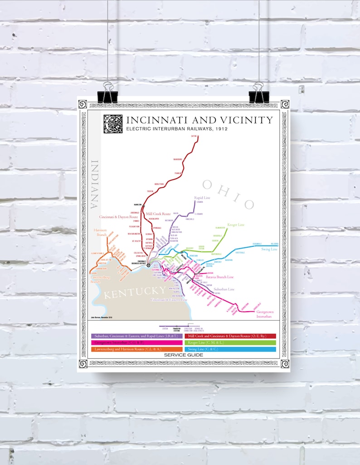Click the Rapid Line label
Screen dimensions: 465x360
tap(203, 198)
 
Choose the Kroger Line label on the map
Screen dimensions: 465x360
tap(236, 225)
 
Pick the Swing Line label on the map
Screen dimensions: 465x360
tap(269, 249)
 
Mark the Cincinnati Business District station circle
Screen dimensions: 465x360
tap(148, 265)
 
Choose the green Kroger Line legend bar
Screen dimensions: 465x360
tap(230, 343)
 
